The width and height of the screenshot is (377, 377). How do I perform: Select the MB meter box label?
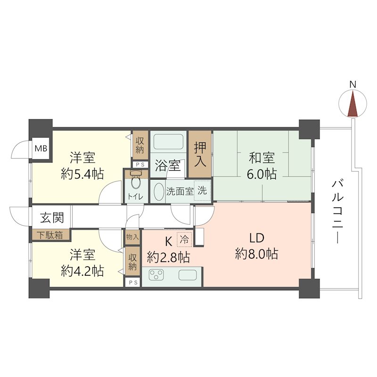tap(41, 148)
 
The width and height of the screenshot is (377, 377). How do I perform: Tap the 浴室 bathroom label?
tap(168, 166)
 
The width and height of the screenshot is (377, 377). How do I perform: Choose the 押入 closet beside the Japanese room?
tap(200, 154)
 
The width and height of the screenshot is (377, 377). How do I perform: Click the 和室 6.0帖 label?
tap(262, 165)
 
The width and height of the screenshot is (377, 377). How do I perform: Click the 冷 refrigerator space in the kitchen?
tap(184, 239)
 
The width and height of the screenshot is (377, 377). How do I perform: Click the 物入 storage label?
tap(132, 238)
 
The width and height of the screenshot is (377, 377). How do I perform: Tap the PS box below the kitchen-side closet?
tap(132, 282)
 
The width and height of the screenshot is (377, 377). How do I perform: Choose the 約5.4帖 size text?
tap(82, 173)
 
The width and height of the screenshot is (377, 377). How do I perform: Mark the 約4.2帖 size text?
tap(82, 271)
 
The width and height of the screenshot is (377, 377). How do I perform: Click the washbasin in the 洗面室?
tap(158, 192)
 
